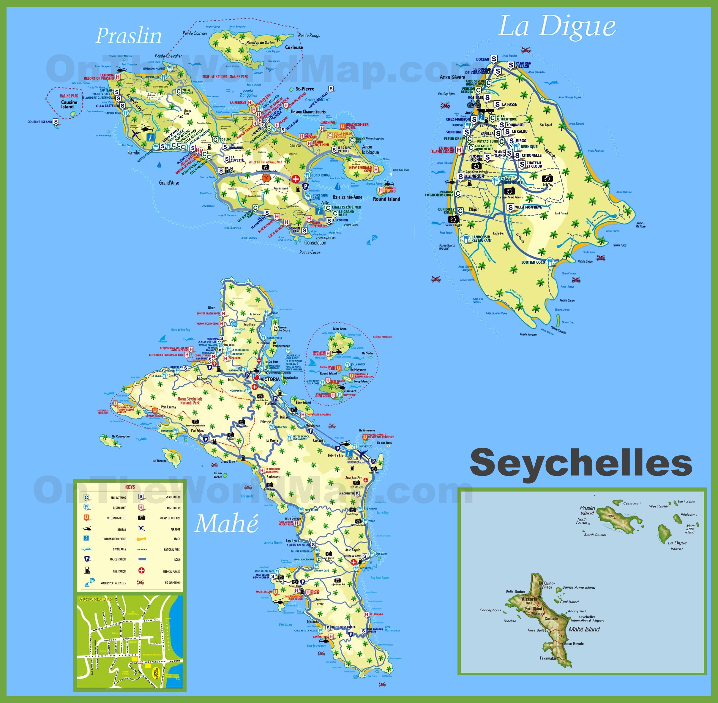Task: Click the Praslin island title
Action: (x=129, y=36)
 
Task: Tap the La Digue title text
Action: (x=557, y=27)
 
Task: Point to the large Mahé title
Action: (x=226, y=524)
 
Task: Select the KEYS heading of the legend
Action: (x=130, y=487)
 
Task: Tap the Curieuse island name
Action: (x=294, y=47)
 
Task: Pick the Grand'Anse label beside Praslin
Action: (x=169, y=183)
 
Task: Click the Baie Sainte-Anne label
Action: (x=347, y=197)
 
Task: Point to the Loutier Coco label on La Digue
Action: (x=533, y=262)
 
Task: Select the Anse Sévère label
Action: (x=452, y=77)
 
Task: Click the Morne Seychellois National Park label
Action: (x=190, y=401)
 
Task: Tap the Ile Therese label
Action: (x=159, y=461)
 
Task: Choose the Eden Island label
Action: (x=303, y=402)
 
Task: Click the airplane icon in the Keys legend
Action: (x=141, y=528)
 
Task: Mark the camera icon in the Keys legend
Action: (x=141, y=518)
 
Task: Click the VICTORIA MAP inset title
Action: (x=95, y=599)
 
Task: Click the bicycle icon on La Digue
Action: (x=474, y=104)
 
